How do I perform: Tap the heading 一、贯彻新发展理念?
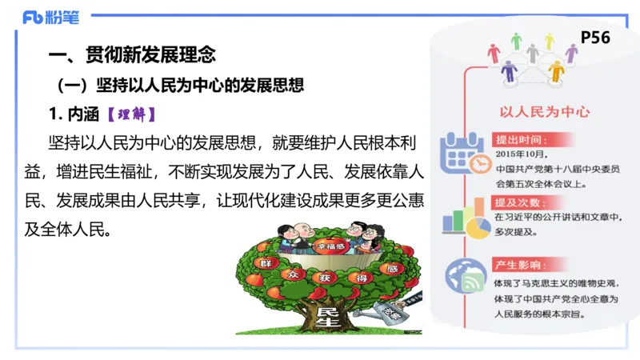pos(132,55)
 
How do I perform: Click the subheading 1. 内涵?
pos(74,113)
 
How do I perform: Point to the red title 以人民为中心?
pos(534,112)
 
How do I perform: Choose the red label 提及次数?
pos(519,202)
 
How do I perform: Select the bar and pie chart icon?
pos(465,218)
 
